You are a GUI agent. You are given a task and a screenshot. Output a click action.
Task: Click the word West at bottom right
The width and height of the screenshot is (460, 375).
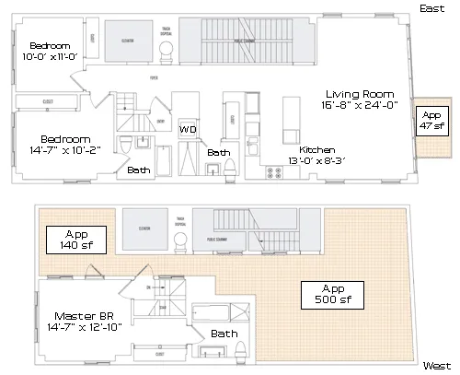[435, 366]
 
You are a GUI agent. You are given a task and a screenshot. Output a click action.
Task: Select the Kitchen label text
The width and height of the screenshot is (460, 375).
[316, 149]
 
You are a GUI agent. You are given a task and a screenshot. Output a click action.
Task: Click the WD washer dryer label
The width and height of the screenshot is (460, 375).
[188, 130]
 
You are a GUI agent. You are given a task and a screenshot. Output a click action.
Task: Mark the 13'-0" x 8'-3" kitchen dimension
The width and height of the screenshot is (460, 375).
[316, 160]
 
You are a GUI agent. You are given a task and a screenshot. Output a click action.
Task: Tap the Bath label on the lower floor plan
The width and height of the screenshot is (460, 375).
[224, 334]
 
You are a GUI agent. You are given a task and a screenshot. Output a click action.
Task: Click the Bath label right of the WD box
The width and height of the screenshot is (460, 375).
[219, 152]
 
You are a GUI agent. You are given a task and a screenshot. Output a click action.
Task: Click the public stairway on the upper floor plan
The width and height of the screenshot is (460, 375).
[244, 41]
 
